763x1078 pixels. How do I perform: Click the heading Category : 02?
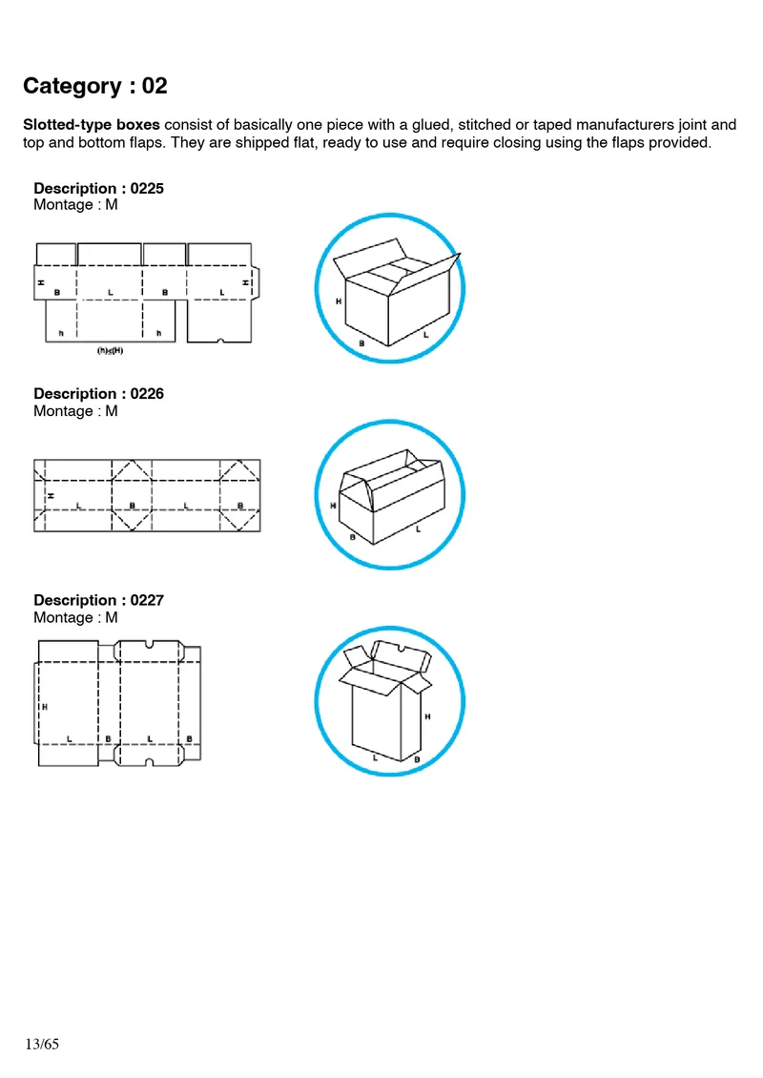tap(95, 86)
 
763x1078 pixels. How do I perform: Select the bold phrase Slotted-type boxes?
tap(92, 125)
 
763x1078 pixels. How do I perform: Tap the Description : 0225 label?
tap(98, 188)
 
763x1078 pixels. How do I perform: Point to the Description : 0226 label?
tap(98, 393)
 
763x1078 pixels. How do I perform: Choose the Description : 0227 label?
tap(98, 600)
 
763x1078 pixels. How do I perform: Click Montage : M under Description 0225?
tap(75, 205)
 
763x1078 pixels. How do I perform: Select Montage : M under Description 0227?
tap(75, 617)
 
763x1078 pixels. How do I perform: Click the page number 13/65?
tap(43, 1045)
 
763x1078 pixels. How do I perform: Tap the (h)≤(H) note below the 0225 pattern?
tap(112, 350)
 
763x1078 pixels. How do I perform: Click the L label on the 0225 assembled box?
tap(425, 336)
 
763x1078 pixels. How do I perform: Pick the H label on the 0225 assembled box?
tap(339, 301)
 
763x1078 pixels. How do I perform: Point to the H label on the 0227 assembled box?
tap(427, 715)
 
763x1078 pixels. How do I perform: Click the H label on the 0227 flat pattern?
tap(45, 706)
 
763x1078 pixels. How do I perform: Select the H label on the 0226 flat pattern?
tap(50, 495)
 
